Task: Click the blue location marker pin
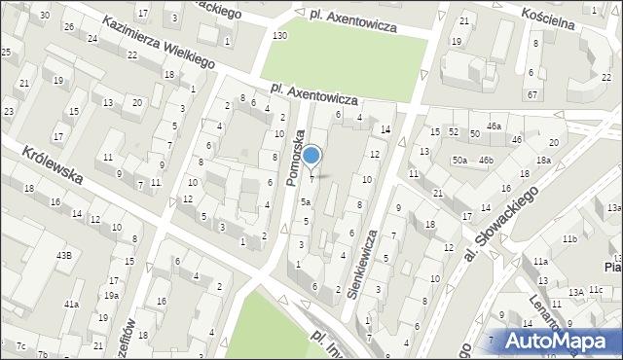click(x=311, y=156)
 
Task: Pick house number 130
click(x=279, y=36)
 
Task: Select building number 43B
click(x=63, y=254)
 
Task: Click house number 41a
click(x=71, y=305)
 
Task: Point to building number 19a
click(x=112, y=296)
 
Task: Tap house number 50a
click(x=458, y=159)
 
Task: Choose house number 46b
click(x=486, y=159)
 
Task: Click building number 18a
click(x=542, y=161)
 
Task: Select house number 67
click(x=531, y=94)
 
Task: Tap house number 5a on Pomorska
click(x=305, y=201)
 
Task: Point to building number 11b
click(x=568, y=239)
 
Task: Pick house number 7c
click(x=19, y=345)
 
